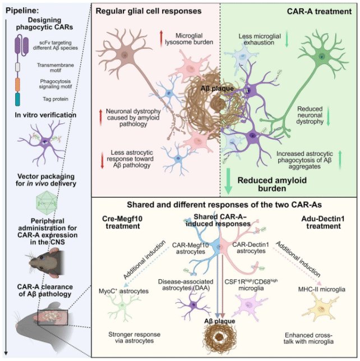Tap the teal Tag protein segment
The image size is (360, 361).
[x=17, y=100]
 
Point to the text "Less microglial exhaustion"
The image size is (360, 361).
[x=262, y=40]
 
